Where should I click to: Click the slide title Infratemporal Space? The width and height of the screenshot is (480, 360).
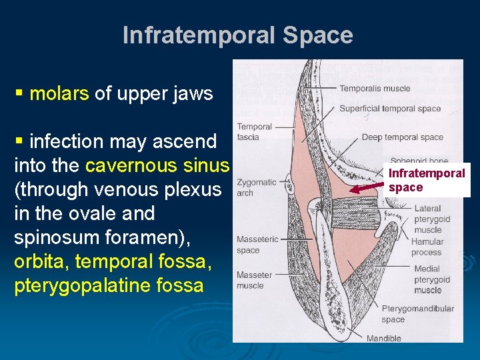(x=238, y=35)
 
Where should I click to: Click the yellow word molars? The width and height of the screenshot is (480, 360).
(x=59, y=93)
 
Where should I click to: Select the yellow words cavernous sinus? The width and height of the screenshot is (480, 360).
(x=157, y=165)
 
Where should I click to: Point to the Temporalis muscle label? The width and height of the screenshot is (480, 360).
(x=375, y=89)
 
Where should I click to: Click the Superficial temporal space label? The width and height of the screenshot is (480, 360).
(x=390, y=109)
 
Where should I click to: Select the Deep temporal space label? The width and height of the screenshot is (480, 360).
(x=402, y=137)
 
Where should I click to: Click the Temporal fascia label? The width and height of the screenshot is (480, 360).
(x=254, y=131)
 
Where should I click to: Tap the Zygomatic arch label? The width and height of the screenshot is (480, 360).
(x=256, y=187)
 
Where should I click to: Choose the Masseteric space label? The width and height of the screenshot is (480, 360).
(x=257, y=245)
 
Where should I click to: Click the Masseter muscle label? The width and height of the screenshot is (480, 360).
(x=254, y=280)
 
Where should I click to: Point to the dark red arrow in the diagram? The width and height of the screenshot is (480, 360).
(x=367, y=189)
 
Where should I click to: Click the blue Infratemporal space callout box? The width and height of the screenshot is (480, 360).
(x=427, y=180)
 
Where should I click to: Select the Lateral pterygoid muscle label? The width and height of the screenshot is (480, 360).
(x=432, y=219)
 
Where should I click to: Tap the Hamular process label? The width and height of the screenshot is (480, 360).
(x=427, y=247)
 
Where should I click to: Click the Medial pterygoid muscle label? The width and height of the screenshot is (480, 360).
(x=432, y=279)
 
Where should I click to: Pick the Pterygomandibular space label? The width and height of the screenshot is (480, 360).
(x=417, y=314)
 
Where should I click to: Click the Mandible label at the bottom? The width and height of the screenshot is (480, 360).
(x=384, y=339)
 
